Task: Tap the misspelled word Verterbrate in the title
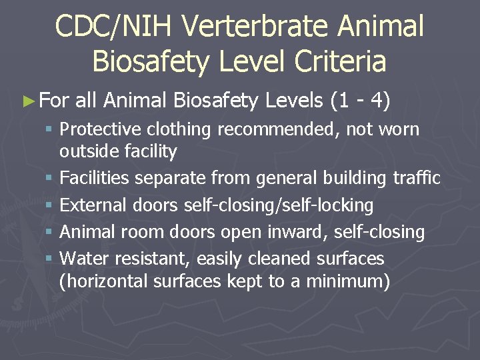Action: [x=255, y=27]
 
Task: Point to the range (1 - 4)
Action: [x=360, y=101]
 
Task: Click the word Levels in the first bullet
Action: [x=293, y=101]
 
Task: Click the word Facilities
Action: [x=94, y=178]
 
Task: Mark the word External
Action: [x=93, y=205]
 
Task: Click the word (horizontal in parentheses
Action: [x=103, y=281]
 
